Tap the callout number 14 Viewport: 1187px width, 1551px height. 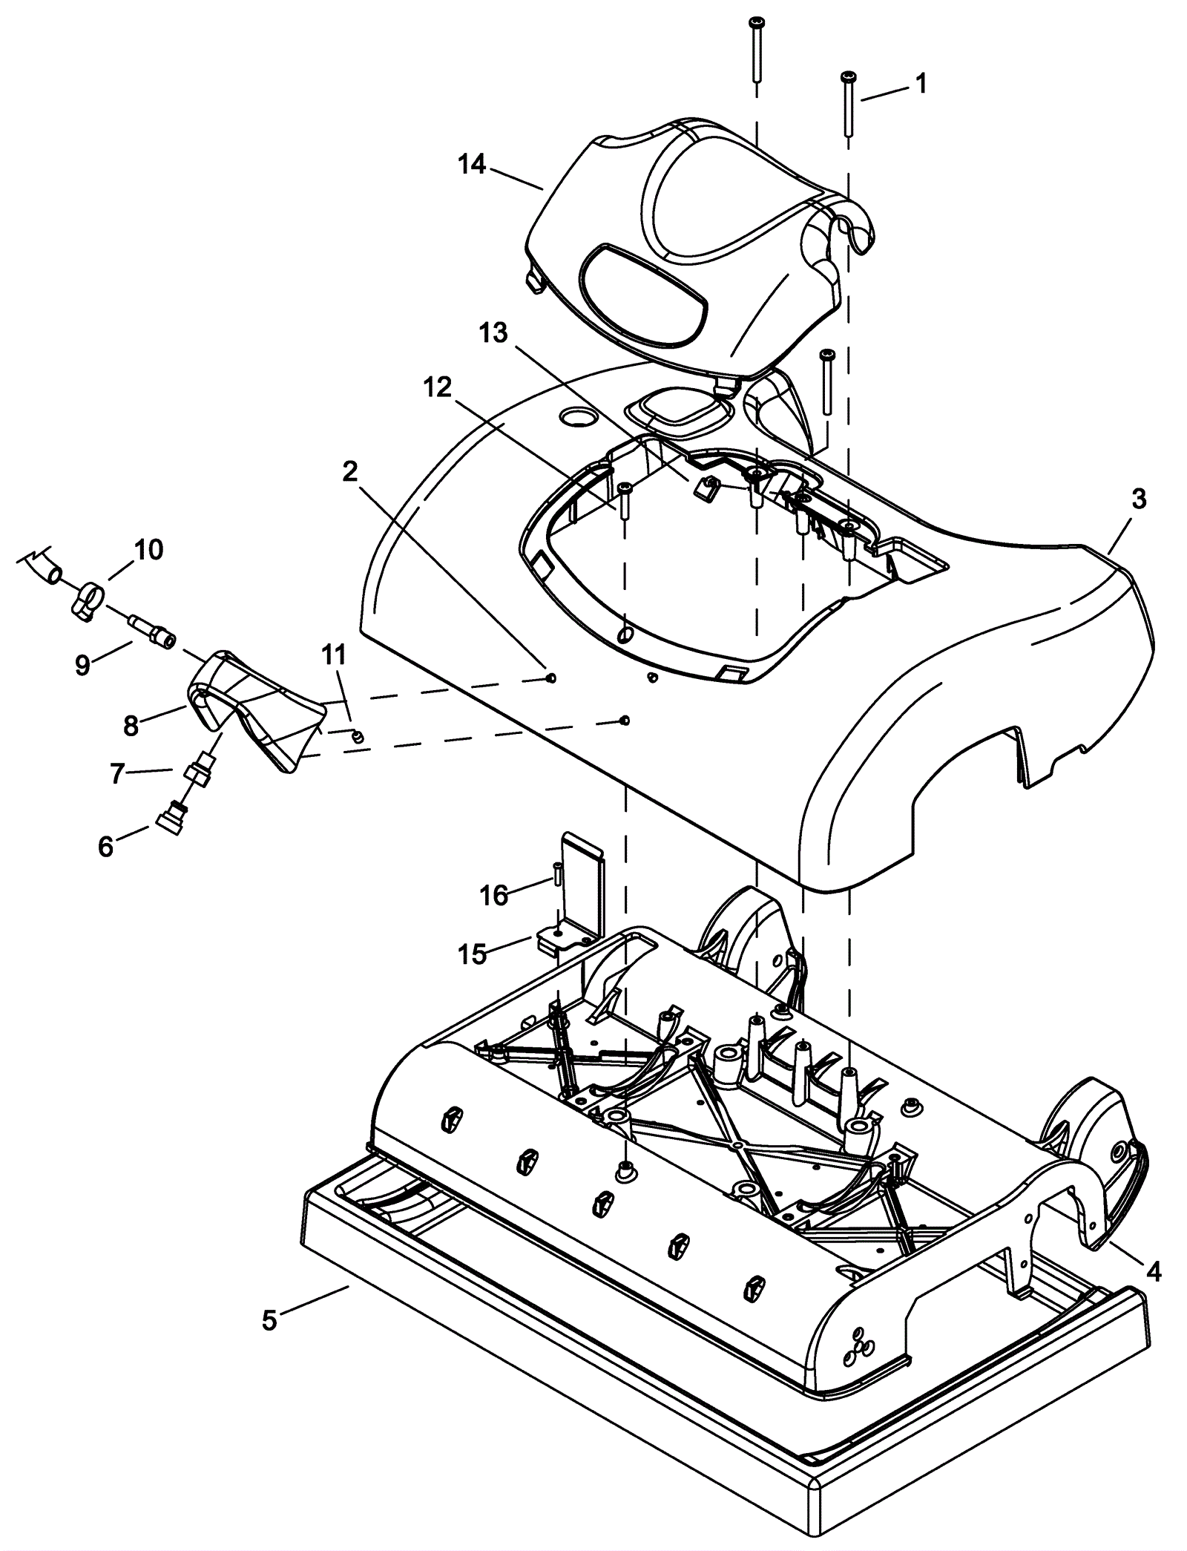pyautogui.click(x=472, y=164)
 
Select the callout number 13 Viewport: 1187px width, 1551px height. pyautogui.click(x=493, y=335)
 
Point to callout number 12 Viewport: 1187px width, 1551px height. pyautogui.click(x=438, y=387)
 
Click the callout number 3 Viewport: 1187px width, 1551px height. pyautogui.click(x=1138, y=499)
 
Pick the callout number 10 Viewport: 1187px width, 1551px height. pyautogui.click(x=148, y=550)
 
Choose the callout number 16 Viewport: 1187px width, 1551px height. pyautogui.click(x=495, y=896)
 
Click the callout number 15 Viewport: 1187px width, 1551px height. pyautogui.click(x=473, y=954)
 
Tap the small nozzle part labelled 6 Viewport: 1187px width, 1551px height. pyautogui.click(x=170, y=821)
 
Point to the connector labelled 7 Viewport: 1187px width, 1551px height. pyautogui.click(x=198, y=772)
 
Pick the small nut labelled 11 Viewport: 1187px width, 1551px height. pyautogui.click(x=357, y=736)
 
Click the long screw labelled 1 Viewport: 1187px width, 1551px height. pyautogui.click(x=847, y=104)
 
